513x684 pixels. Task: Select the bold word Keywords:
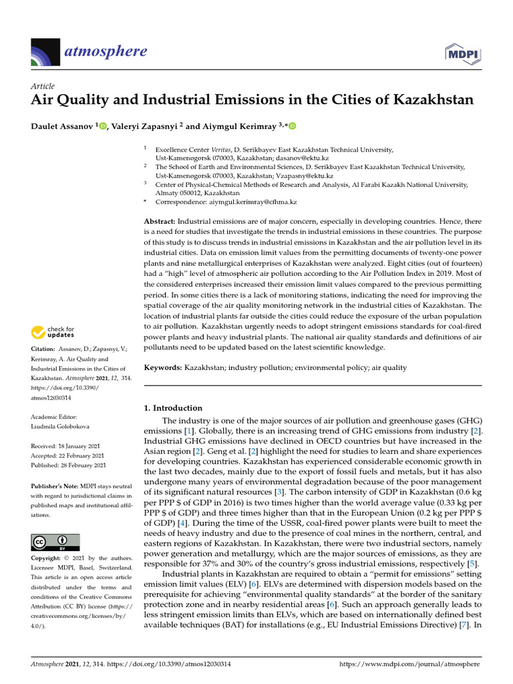click(x=163, y=367)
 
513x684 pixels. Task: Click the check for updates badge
click(x=53, y=332)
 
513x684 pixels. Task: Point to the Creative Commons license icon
click(x=55, y=542)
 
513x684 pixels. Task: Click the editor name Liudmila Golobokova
click(x=63, y=426)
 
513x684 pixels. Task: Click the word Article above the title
click(x=43, y=86)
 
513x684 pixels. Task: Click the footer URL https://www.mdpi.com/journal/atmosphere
click(x=410, y=665)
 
